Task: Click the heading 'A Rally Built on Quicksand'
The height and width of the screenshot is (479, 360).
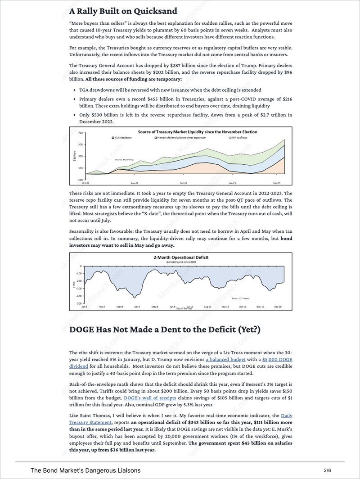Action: point(123,10)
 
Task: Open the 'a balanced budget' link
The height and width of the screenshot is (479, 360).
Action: point(226,360)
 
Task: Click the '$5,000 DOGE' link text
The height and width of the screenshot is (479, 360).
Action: point(277,360)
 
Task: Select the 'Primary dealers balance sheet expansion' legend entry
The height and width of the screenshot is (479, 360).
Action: point(179,137)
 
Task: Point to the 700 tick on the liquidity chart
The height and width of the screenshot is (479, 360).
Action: point(81,133)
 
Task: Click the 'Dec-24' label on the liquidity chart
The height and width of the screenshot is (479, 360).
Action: point(183,183)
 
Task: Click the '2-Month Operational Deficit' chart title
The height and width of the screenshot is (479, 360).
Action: point(180,258)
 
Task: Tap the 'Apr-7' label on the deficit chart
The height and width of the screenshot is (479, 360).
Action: point(137,307)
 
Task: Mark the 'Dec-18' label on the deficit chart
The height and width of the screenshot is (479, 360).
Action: point(278,307)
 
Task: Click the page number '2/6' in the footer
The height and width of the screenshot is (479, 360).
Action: point(327,470)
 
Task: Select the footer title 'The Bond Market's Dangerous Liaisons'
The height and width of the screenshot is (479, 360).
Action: point(85,470)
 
